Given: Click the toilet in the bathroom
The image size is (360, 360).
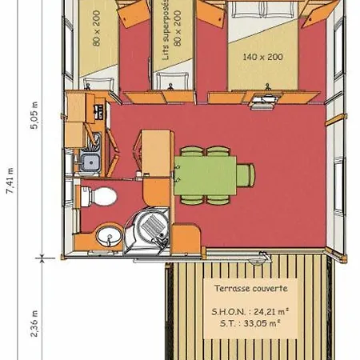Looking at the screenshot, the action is (98, 197).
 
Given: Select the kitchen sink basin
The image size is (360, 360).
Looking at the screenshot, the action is (90, 162).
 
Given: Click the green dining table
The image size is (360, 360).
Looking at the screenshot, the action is (205, 175).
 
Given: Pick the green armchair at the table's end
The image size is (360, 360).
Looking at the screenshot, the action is (246, 175).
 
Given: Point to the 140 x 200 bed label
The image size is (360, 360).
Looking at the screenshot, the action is (262, 57).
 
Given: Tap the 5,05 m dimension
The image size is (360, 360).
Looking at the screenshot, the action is (34, 115).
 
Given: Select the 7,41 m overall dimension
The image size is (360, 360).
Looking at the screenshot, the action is (10, 181).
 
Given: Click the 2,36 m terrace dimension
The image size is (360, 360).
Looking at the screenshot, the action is (34, 323).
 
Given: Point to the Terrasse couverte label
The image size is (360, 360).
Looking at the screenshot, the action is (251, 288).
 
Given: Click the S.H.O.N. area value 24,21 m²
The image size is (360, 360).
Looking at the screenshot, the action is (271, 311).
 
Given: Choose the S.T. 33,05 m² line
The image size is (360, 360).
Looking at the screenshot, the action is (250, 323).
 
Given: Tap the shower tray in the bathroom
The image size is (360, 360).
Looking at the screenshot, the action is (147, 231).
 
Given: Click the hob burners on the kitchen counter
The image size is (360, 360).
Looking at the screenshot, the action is (99, 111).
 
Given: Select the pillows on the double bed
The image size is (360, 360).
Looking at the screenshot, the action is (262, 10).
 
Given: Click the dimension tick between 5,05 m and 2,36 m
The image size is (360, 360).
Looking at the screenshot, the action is (42, 258).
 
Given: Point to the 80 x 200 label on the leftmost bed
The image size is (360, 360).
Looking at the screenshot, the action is (97, 28).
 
